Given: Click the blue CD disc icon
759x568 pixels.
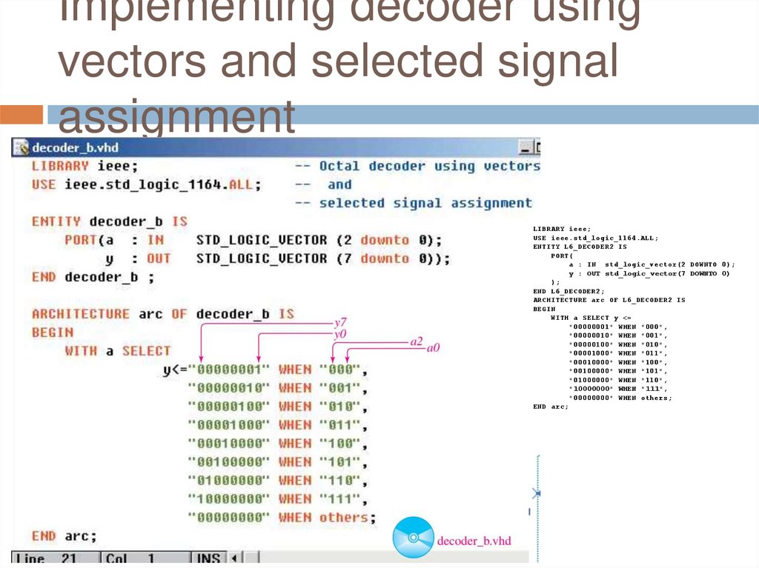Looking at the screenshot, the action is pyautogui.click(x=413, y=537).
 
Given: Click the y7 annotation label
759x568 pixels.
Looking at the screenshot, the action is pyautogui.click(x=341, y=323).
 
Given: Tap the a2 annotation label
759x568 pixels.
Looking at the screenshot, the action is pyautogui.click(x=417, y=341).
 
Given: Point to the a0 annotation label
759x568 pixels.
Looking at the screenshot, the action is pyautogui.click(x=433, y=347).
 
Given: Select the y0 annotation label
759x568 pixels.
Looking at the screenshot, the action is pyautogui.click(x=341, y=334).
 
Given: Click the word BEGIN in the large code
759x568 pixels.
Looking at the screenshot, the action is pyautogui.click(x=52, y=333).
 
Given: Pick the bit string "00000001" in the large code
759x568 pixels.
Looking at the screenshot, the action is pyautogui.click(x=229, y=370).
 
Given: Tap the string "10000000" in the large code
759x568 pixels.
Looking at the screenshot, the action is pyautogui.click(x=229, y=499).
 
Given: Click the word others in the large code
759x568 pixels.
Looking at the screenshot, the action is pyautogui.click(x=343, y=518).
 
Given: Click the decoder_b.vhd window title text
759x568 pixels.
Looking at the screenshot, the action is pyautogui.click(x=75, y=147).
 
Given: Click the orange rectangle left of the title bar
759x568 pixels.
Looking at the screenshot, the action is pyautogui.click(x=21, y=115).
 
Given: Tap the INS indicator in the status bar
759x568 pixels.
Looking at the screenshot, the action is pyautogui.click(x=208, y=558).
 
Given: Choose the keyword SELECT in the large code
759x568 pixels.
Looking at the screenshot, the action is pyautogui.click(x=146, y=351).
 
